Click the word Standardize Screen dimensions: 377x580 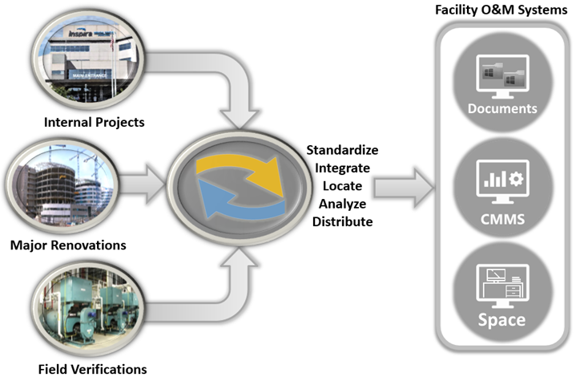342,150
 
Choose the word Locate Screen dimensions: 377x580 342,185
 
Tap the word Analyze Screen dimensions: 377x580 342,203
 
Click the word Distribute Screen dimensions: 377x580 342,221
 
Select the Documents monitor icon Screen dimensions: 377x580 501,76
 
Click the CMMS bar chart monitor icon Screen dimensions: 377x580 501,180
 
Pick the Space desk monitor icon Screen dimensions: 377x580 501,285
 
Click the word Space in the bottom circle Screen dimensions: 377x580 501,320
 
